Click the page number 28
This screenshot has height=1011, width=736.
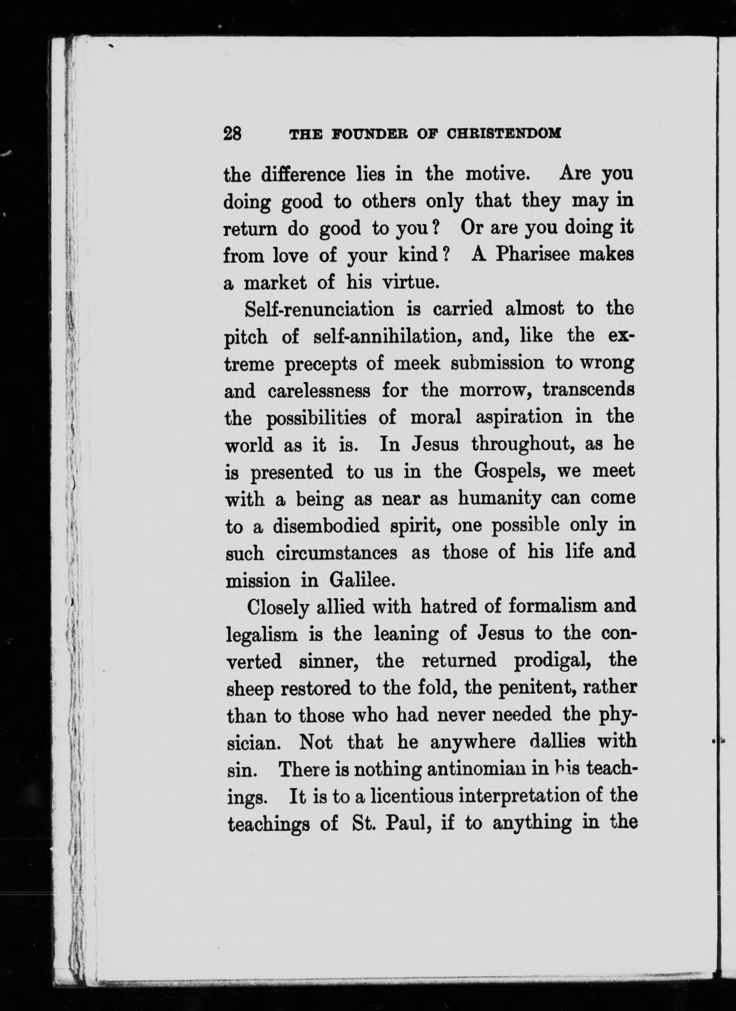coord(233,133)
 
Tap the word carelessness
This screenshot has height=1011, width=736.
coord(320,391)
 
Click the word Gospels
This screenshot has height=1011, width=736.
coord(512,472)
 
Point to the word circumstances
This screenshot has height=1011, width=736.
coord(336,554)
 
